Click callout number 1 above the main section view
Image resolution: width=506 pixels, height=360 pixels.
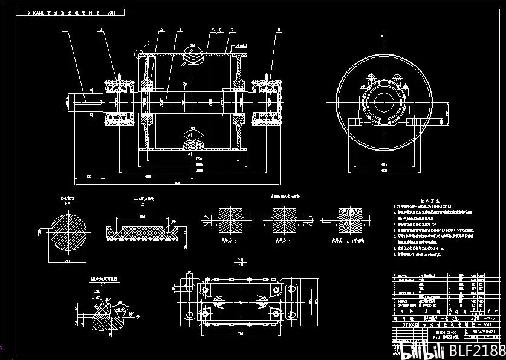65,29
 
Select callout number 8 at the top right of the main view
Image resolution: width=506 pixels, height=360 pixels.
279,29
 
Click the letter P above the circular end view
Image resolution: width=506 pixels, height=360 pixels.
382,38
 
